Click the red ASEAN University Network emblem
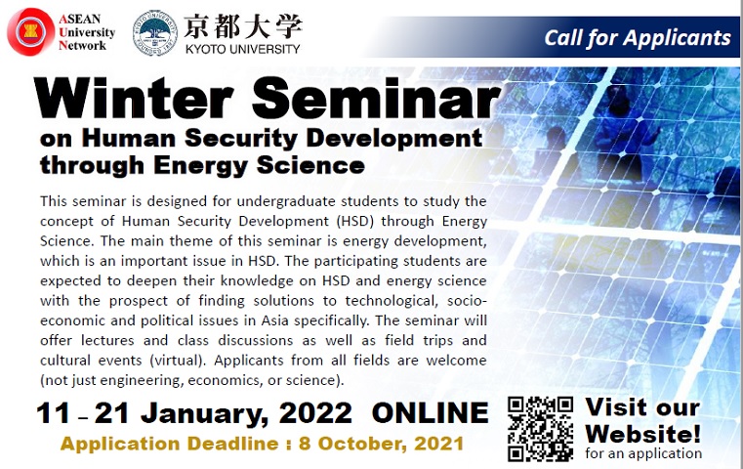click(x=31, y=32)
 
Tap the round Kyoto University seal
click(x=155, y=33)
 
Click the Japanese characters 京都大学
click(x=242, y=26)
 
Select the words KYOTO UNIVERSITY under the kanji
click(x=242, y=49)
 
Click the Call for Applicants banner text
click(x=638, y=38)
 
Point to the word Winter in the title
click(x=134, y=97)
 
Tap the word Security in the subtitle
click(x=241, y=140)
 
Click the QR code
click(x=540, y=429)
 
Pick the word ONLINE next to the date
click(x=430, y=412)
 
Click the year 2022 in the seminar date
click(x=315, y=412)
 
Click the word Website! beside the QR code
click(x=642, y=434)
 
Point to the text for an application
click(x=643, y=453)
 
